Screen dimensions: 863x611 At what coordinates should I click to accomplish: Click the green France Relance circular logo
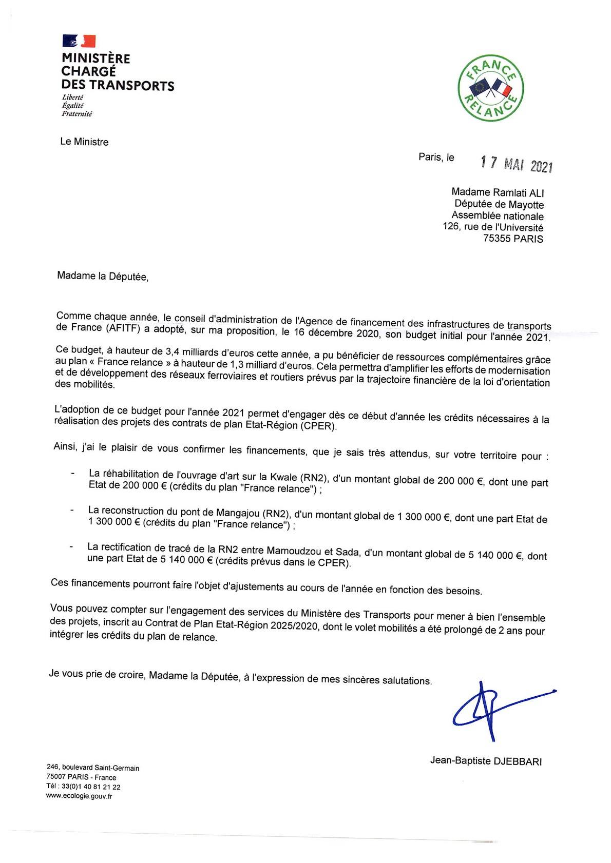point(491,88)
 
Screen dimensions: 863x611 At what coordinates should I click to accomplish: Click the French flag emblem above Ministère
point(79,41)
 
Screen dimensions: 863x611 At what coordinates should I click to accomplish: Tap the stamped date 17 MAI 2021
point(516,164)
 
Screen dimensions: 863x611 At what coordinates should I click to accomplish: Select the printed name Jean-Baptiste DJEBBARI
point(486,761)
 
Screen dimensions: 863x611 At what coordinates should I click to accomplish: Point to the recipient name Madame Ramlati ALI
point(497,193)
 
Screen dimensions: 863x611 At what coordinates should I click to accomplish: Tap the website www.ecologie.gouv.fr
point(79,796)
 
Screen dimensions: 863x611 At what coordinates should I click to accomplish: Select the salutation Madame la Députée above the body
point(103,276)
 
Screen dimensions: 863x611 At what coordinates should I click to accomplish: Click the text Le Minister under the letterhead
point(84,142)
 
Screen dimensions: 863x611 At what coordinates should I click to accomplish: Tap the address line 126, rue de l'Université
point(492,227)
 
